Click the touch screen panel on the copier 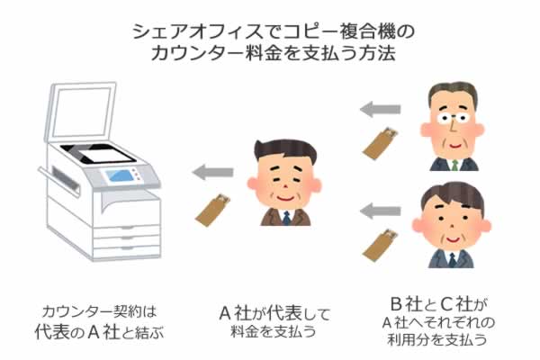coord(119,175)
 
